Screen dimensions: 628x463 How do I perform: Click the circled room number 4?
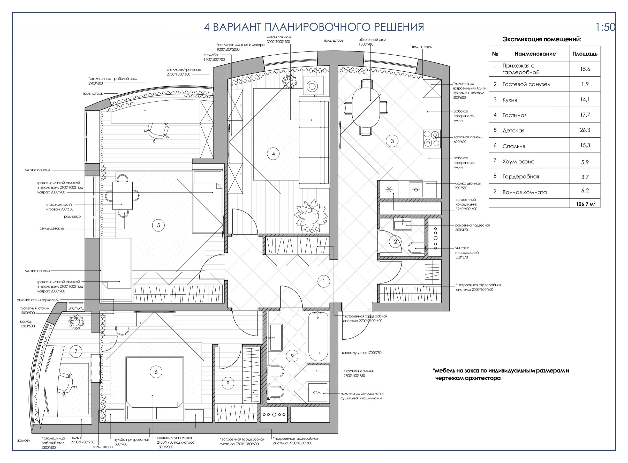(x=273, y=154)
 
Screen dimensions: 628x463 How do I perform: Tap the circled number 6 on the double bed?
(x=156, y=372)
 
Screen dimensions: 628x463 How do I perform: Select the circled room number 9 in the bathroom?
(x=292, y=356)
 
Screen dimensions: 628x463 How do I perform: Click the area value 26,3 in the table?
(x=585, y=130)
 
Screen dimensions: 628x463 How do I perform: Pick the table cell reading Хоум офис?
(x=518, y=161)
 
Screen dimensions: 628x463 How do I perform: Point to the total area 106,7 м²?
(x=585, y=204)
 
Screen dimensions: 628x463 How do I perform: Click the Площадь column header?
(x=585, y=54)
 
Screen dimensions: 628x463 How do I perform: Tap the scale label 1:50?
(x=605, y=27)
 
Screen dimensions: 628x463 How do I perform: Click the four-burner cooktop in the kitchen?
(x=432, y=139)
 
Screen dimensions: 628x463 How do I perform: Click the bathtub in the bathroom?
(x=318, y=336)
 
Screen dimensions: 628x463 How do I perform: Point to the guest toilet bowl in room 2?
(x=416, y=248)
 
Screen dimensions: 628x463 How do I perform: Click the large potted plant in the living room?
(x=311, y=215)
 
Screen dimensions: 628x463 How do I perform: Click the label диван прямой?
(x=278, y=37)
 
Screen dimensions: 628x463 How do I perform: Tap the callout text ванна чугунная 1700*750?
(x=362, y=353)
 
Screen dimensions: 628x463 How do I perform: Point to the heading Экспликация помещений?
(x=542, y=39)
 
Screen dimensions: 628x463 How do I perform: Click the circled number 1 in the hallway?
(x=324, y=281)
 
